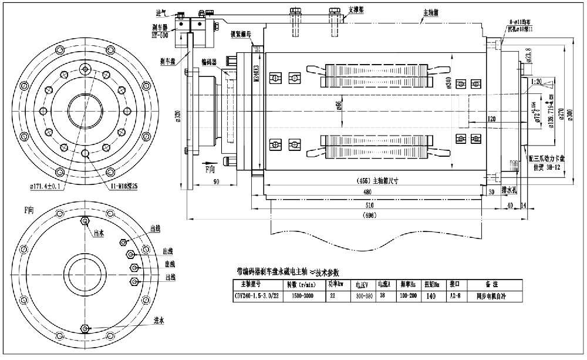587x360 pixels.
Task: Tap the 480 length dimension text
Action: (368, 192)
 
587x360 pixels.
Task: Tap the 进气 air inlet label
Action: (162, 12)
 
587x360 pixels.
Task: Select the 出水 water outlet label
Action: (98, 233)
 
